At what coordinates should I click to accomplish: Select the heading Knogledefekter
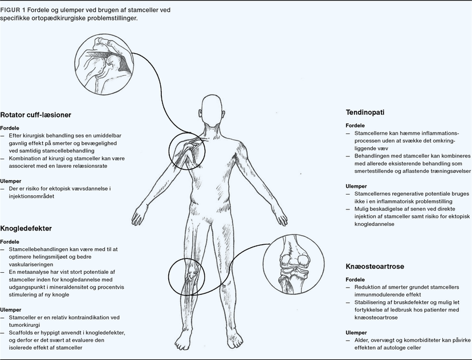[x=26, y=228]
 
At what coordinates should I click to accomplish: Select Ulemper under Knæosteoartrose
[x=356, y=332]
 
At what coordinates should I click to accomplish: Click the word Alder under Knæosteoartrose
[x=361, y=339]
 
